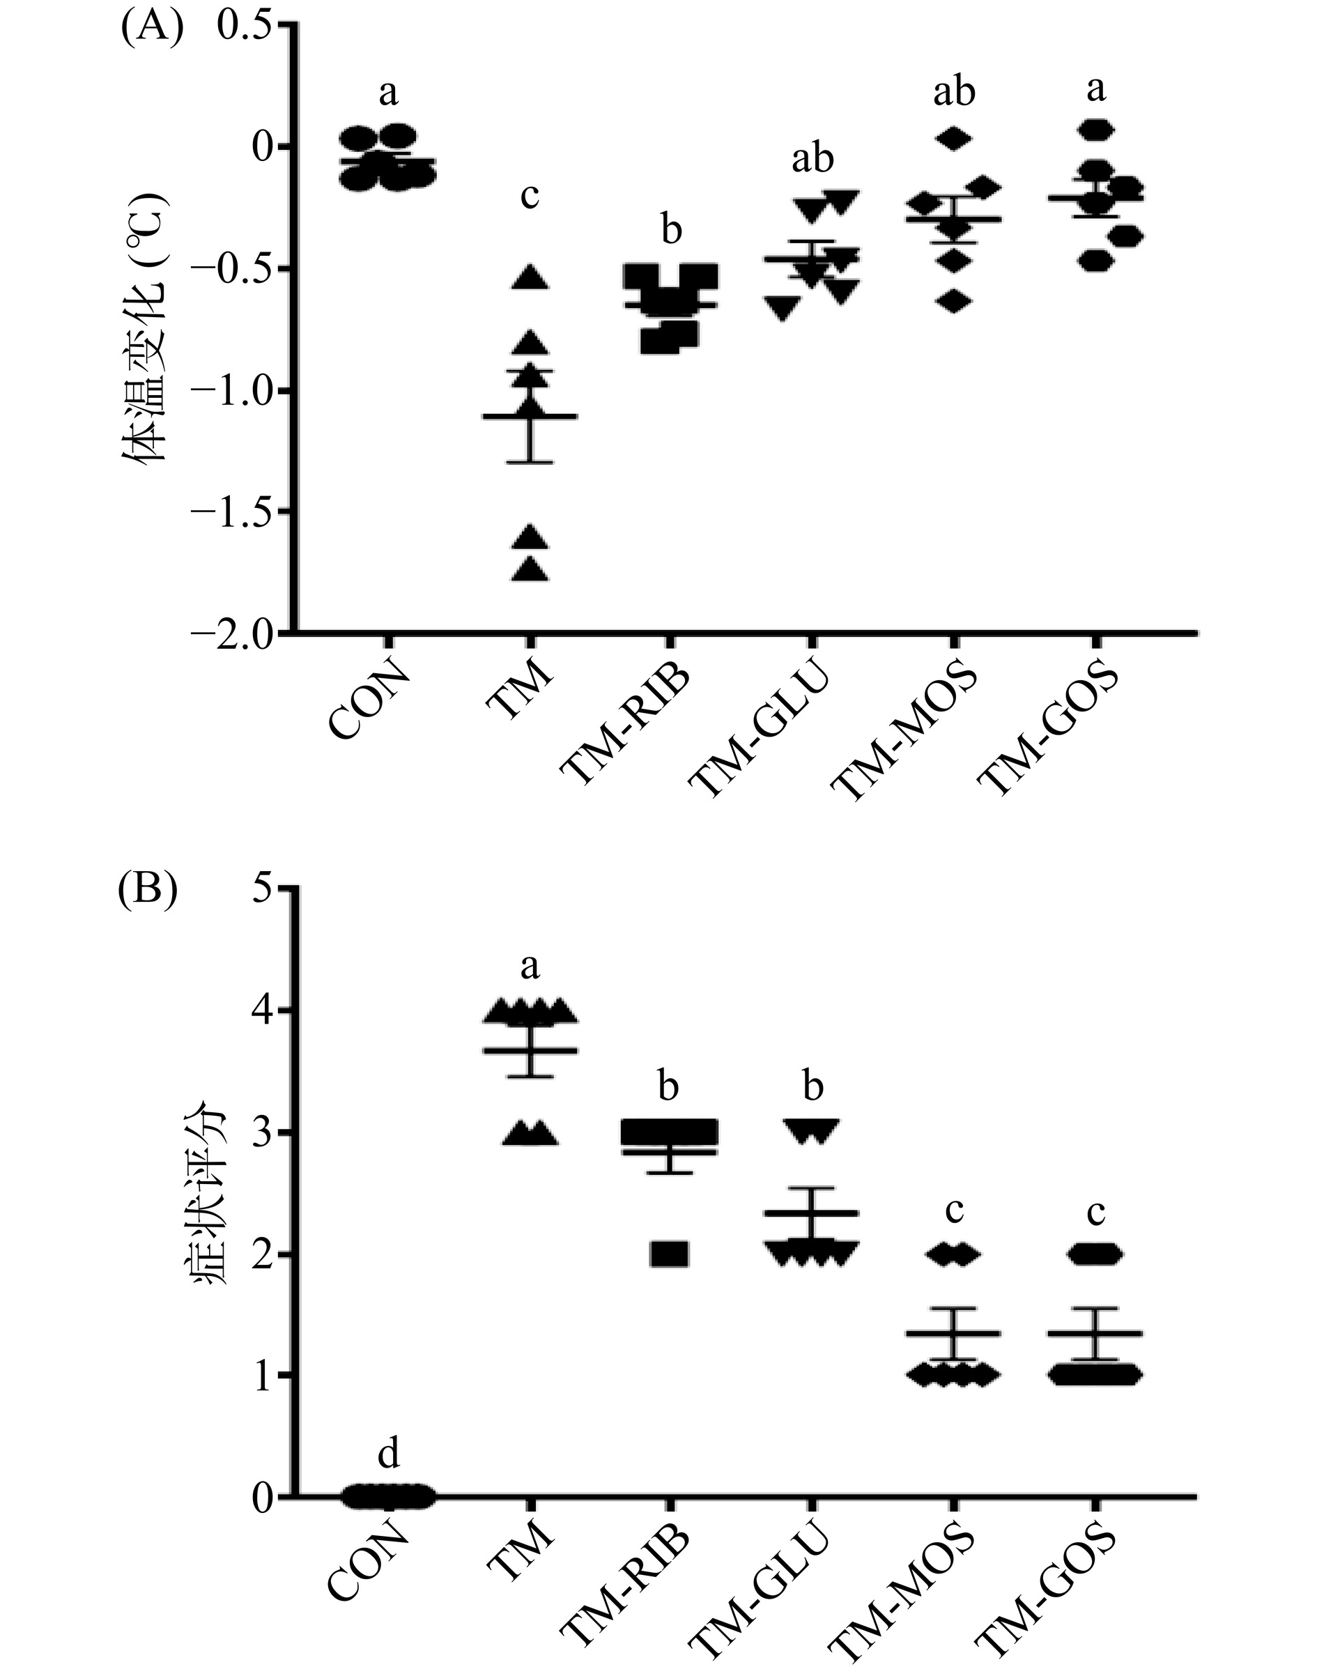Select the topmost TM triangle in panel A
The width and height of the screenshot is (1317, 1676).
pos(530,277)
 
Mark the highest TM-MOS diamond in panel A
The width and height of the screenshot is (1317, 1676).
pos(954,138)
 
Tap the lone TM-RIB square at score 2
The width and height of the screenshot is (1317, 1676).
pos(668,1255)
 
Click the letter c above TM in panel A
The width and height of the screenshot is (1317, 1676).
pos(530,197)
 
